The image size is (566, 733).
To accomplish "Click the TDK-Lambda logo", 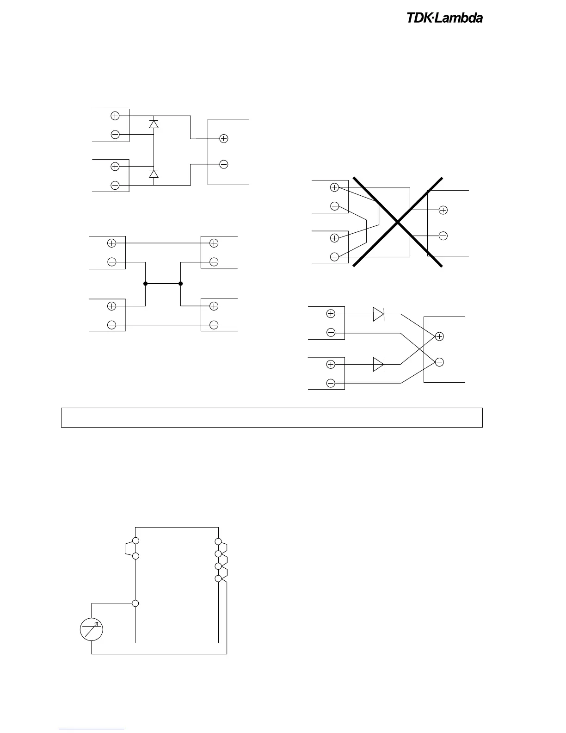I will pos(444,18).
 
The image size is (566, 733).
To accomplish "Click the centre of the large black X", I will pos(398,222).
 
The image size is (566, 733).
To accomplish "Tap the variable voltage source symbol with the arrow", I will pos(91,630).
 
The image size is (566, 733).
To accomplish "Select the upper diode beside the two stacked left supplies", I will pos(154,124).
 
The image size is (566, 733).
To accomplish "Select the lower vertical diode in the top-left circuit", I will pos(154,174).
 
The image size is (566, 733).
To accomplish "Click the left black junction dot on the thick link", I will pos(145,283).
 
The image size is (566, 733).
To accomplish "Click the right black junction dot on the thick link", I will pos(181,283).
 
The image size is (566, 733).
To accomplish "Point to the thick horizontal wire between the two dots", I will pos(163,283).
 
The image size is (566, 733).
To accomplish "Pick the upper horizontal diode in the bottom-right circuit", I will pos(379,314).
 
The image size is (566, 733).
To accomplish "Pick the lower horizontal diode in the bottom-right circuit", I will pos(379,365).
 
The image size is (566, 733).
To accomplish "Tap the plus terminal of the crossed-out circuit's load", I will pos(443,210).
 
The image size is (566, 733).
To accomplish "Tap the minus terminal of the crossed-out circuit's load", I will pos(443,236).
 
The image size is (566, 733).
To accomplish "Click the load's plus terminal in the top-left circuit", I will pos(224,138).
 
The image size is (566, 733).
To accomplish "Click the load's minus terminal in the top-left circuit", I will pos(224,164).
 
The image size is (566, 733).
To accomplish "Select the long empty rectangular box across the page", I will pos(272,417).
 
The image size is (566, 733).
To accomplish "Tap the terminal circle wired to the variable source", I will pos(135,603).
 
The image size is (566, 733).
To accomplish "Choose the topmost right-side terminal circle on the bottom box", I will pos(218,541).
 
